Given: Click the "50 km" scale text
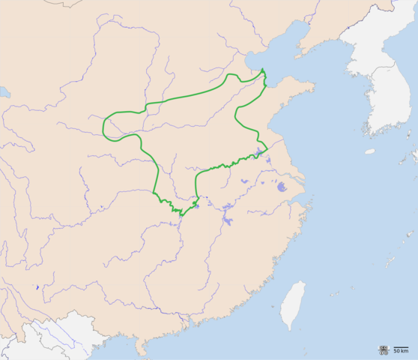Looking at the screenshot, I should tap(402, 351).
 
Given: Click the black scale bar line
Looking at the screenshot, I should tap(402, 346).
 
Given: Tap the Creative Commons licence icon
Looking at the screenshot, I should tap(384, 349).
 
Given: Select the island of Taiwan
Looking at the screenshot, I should tap(293, 304).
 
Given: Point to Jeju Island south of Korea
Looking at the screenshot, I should tap(370, 151).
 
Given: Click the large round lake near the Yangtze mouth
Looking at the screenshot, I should tap(282, 187).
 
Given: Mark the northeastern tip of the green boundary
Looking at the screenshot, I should tap(264, 70).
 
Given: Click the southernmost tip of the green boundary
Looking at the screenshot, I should tap(181, 215).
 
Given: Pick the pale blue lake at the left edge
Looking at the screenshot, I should tap(3, 92).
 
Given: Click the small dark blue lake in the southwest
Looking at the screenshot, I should tap(37, 287).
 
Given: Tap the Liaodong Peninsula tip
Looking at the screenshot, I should tap(298, 55).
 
